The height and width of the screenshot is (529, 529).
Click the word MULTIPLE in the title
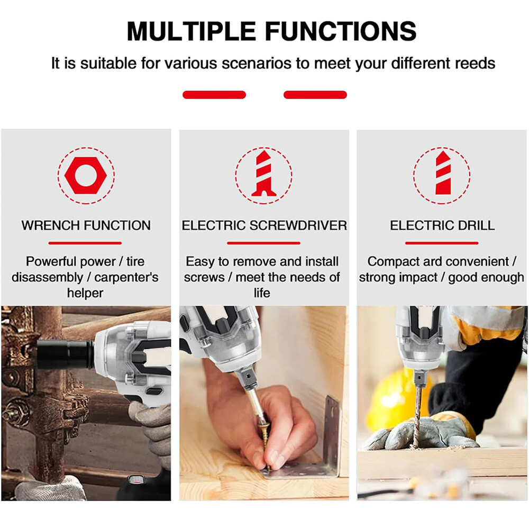[191, 31]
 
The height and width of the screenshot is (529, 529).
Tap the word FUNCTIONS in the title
[341, 31]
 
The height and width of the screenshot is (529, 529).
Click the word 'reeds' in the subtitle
[475, 63]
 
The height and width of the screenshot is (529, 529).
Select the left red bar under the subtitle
[214, 95]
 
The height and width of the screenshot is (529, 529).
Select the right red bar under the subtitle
[315, 95]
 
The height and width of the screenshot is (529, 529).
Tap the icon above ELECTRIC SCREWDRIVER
[263, 175]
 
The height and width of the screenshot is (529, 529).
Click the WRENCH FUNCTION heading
[86, 225]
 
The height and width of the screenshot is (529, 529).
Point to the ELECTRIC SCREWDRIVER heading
[264, 225]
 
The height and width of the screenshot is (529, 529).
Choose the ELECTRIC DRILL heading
[442, 225]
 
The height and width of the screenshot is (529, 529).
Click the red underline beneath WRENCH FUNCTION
[85, 243]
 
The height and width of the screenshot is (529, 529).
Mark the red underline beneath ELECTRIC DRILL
[442, 243]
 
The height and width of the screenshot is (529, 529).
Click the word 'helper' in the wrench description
[85, 293]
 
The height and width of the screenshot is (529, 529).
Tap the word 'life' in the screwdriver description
[262, 293]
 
